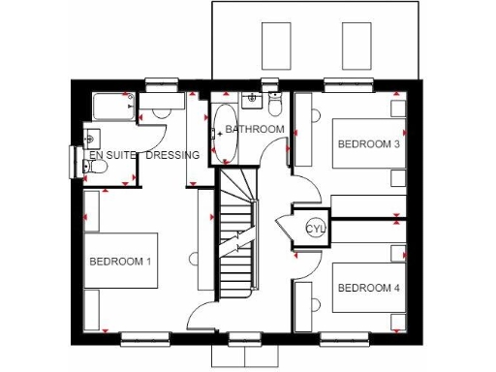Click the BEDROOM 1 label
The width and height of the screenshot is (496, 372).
[x=120, y=262]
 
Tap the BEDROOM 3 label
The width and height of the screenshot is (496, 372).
[x=368, y=143]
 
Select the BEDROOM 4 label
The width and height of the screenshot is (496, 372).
[x=368, y=288]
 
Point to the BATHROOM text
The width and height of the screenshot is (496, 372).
[x=255, y=129]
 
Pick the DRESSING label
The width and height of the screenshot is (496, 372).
[x=173, y=155]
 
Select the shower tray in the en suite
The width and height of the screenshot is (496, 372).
[x=111, y=106]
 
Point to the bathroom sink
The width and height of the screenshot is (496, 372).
[x=252, y=98]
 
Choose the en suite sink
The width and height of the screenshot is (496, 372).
[x=92, y=136]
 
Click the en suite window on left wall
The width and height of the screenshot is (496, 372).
[x=75, y=160]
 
